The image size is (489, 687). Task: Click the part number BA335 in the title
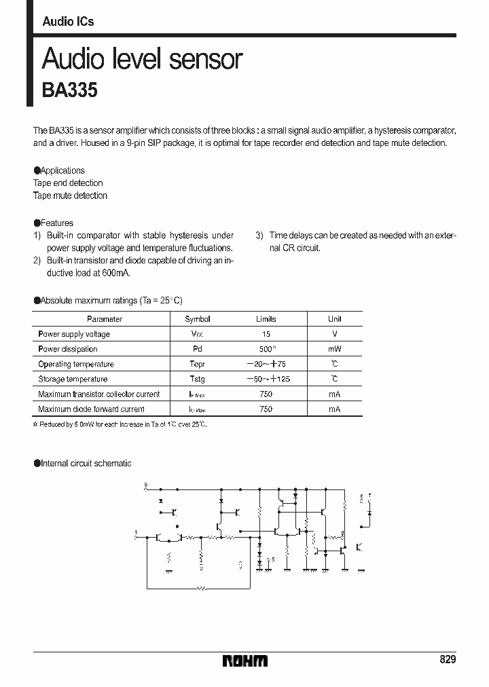click(x=70, y=91)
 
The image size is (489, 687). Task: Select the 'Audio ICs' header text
click(x=68, y=22)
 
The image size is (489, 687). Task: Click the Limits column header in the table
click(x=266, y=319)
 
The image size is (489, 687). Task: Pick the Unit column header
click(x=334, y=319)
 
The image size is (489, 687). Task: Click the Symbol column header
click(x=198, y=319)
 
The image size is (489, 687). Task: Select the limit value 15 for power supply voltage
click(x=266, y=334)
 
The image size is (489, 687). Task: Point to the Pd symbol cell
click(x=198, y=349)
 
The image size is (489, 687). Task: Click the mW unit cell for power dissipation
click(x=334, y=349)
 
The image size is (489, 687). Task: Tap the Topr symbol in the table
click(x=198, y=364)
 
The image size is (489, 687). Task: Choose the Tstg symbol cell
click(x=198, y=379)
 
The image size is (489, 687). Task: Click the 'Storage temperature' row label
click(x=73, y=379)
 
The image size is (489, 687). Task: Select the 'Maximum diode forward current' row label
click(x=91, y=409)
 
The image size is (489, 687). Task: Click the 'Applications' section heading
click(x=62, y=170)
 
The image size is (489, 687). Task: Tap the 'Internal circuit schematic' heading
click(x=85, y=463)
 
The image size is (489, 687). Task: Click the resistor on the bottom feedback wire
click(x=200, y=588)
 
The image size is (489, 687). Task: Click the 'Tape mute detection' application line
click(x=70, y=196)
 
